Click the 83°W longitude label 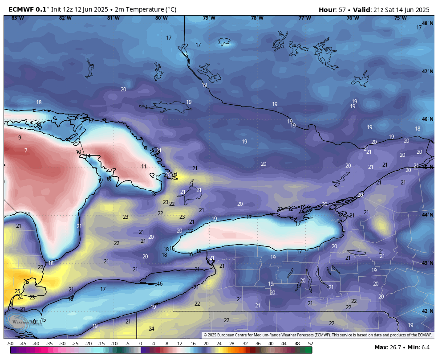click(18, 18)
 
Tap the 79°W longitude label click(209, 18)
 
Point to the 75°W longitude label click(400, 18)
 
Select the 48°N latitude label click(427, 23)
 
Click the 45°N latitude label click(427, 167)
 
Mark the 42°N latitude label click(427, 311)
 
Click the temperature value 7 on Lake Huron click(26, 151)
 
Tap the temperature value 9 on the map click(20, 138)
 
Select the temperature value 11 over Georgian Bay click(144, 167)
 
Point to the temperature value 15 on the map click(43, 320)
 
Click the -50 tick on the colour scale click(10, 344)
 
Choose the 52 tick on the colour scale click(310, 344)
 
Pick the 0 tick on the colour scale click(141, 344)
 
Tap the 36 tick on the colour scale click(258, 344)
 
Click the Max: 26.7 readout click(389, 347)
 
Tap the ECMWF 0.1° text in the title click(29, 10)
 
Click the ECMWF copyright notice click(317, 335)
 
